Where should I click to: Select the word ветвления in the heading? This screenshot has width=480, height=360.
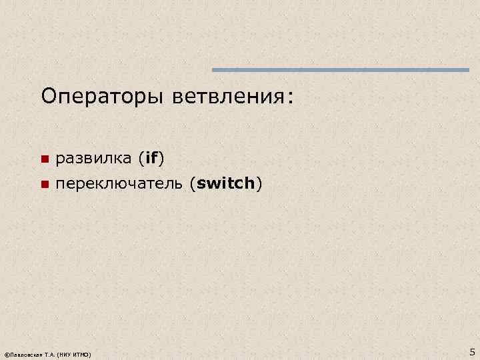[217, 97]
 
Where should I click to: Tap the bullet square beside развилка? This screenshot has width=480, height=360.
[44, 159]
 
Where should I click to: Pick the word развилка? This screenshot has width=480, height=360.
[93, 159]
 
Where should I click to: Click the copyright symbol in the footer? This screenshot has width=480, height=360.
[6, 353]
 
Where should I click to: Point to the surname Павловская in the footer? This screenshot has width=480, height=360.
[27, 353]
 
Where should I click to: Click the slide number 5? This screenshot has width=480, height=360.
[472, 351]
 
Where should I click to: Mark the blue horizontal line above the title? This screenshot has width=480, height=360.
[341, 70]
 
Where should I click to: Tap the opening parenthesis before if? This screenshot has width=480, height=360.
[141, 159]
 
